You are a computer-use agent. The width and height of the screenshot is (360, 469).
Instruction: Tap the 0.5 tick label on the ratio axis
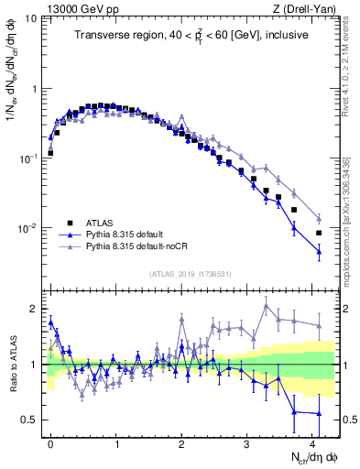click(x=28, y=420)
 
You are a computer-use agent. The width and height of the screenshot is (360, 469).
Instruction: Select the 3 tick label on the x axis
click(x=247, y=442)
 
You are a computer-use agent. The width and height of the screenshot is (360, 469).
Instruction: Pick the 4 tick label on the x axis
click(x=312, y=442)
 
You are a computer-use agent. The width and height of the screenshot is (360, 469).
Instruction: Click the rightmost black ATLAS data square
click(x=319, y=233)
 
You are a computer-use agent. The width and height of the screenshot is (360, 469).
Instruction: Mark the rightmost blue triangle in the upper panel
click(x=319, y=251)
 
